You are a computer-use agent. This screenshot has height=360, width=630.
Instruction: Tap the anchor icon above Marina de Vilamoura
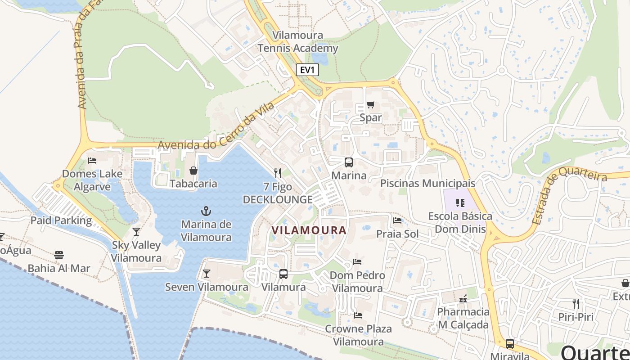coord(206,211)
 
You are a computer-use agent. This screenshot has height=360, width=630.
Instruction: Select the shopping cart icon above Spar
coord(370,105)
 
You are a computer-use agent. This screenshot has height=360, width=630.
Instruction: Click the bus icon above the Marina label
coord(349,162)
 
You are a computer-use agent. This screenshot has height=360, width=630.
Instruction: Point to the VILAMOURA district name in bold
coord(309,230)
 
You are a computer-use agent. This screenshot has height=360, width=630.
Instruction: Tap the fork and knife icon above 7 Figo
coord(278,173)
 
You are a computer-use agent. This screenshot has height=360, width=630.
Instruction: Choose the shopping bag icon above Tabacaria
coord(193,171)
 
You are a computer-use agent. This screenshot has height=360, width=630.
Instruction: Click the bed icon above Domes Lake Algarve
coord(92,161)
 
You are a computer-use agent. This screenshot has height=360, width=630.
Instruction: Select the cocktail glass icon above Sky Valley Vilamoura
coord(136,232)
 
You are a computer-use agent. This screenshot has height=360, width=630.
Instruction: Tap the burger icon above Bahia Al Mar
coord(59,255)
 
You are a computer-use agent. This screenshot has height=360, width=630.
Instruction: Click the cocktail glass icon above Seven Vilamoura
coord(207,274)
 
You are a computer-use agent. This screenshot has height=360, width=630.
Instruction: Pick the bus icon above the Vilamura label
coord(283,274)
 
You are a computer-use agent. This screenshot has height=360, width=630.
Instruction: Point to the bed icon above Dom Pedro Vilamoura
coord(358,261)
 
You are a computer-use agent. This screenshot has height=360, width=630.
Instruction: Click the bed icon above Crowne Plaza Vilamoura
coord(358,315)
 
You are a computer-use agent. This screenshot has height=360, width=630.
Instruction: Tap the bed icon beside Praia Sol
coord(397,220)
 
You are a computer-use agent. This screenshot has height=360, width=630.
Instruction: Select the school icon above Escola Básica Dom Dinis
coord(460,203)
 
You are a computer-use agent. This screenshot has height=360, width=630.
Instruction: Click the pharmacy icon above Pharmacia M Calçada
coord(463,298)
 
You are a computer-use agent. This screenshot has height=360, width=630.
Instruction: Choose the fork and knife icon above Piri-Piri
coord(576,303)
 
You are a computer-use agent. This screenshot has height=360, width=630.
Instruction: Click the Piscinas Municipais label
coord(427,184)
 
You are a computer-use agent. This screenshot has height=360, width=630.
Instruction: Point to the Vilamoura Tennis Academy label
coord(298,42)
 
